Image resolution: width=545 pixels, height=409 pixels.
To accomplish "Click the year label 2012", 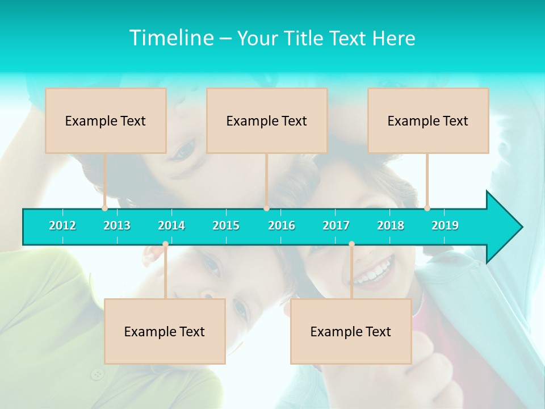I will click(x=62, y=226).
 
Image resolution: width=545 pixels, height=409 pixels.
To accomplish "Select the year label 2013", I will click(x=117, y=226).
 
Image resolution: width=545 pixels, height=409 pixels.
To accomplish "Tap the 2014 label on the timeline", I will click(x=171, y=226).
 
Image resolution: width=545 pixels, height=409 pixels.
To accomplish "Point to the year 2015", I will click(x=226, y=226).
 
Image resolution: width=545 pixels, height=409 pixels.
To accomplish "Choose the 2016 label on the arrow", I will click(x=282, y=226).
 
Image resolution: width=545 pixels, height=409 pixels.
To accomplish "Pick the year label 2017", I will click(x=336, y=226).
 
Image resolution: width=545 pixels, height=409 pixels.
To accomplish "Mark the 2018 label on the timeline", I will click(x=391, y=226).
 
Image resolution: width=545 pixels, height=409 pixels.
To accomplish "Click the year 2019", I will click(x=445, y=226).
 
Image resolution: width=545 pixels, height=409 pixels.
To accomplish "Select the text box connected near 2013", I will click(x=106, y=120).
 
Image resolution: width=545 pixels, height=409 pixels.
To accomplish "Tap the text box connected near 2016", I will click(x=267, y=120).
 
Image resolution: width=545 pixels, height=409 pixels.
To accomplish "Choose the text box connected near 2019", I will click(x=428, y=120).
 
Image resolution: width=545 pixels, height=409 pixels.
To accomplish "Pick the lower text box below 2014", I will click(x=165, y=331).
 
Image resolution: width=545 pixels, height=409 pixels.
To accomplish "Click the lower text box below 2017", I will click(x=351, y=331).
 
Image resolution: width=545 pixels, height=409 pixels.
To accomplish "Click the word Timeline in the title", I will click(x=171, y=38).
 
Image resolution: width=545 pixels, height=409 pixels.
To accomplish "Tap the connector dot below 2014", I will click(x=165, y=244).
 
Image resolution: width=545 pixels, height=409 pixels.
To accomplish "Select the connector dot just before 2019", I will click(x=427, y=208).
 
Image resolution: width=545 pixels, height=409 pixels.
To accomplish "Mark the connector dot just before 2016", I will click(x=266, y=208).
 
